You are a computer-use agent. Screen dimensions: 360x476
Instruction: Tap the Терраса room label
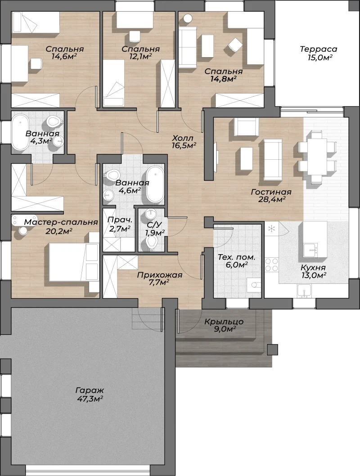(319, 49)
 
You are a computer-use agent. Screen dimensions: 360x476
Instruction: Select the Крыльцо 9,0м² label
(224, 325)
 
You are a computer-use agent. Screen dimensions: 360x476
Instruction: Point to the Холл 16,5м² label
(183, 142)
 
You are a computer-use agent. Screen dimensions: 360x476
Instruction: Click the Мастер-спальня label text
(61, 222)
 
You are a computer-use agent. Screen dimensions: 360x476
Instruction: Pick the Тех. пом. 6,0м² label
(236, 261)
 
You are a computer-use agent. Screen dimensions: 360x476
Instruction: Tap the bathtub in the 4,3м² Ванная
(20, 132)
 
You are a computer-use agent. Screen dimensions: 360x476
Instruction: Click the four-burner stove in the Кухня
(271, 265)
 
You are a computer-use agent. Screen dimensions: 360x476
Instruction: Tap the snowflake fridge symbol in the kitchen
(271, 228)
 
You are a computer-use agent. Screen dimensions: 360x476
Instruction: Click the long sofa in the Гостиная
(273, 159)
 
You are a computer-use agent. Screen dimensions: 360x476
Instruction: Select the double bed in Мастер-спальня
(74, 263)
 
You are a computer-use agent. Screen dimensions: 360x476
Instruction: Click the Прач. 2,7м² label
(120, 225)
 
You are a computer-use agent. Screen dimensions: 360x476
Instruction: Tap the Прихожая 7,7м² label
(160, 278)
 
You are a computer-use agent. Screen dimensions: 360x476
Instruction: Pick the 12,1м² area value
(140, 57)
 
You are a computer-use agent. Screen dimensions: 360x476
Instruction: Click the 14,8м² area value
(223, 79)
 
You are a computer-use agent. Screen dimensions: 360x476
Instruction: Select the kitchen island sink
(310, 250)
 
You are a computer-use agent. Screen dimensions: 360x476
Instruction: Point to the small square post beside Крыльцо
(272, 350)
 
